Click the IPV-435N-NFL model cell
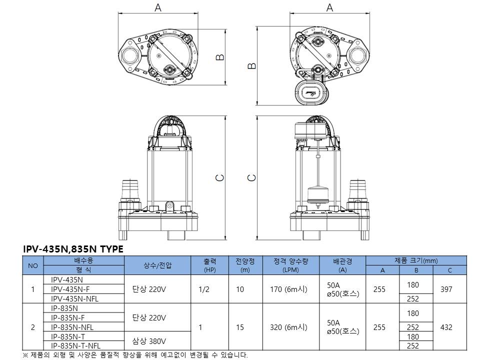[74, 299]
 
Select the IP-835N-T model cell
[68, 336]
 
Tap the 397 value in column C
[446, 289]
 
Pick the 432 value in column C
[446, 327]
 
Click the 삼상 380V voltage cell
[149, 341]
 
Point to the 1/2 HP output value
[204, 289]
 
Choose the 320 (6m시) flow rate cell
[288, 327]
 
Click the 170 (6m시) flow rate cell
[288, 289]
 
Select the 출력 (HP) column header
[209, 265]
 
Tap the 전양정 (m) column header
[245, 265]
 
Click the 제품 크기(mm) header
[416, 261]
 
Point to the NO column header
[33, 265]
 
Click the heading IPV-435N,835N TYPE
[73, 249]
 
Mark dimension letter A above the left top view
[157, 7]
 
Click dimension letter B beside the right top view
[251, 66]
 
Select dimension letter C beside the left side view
[220, 178]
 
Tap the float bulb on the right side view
[318, 195]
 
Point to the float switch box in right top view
[312, 92]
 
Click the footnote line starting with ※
[135, 355]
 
